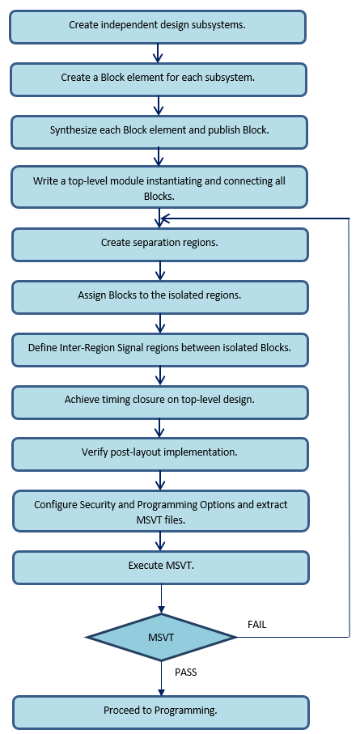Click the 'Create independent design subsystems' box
(x=158, y=28)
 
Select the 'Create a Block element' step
(x=159, y=79)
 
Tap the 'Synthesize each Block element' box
(x=159, y=132)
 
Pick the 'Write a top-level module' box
(x=159, y=186)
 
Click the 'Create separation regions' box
(x=160, y=244)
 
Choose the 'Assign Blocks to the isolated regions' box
(x=160, y=297)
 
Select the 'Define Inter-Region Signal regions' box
(x=160, y=350)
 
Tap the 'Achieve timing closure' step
(x=160, y=401)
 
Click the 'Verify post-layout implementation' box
(x=160, y=454)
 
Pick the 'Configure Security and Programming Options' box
(x=160, y=511)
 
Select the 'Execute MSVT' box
(x=160, y=567)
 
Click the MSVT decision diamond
(x=162, y=637)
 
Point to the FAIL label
(x=256, y=625)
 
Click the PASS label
(x=186, y=672)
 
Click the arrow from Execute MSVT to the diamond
(x=161, y=599)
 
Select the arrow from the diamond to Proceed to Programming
(x=162, y=678)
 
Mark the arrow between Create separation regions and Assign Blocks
(x=160, y=270)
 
